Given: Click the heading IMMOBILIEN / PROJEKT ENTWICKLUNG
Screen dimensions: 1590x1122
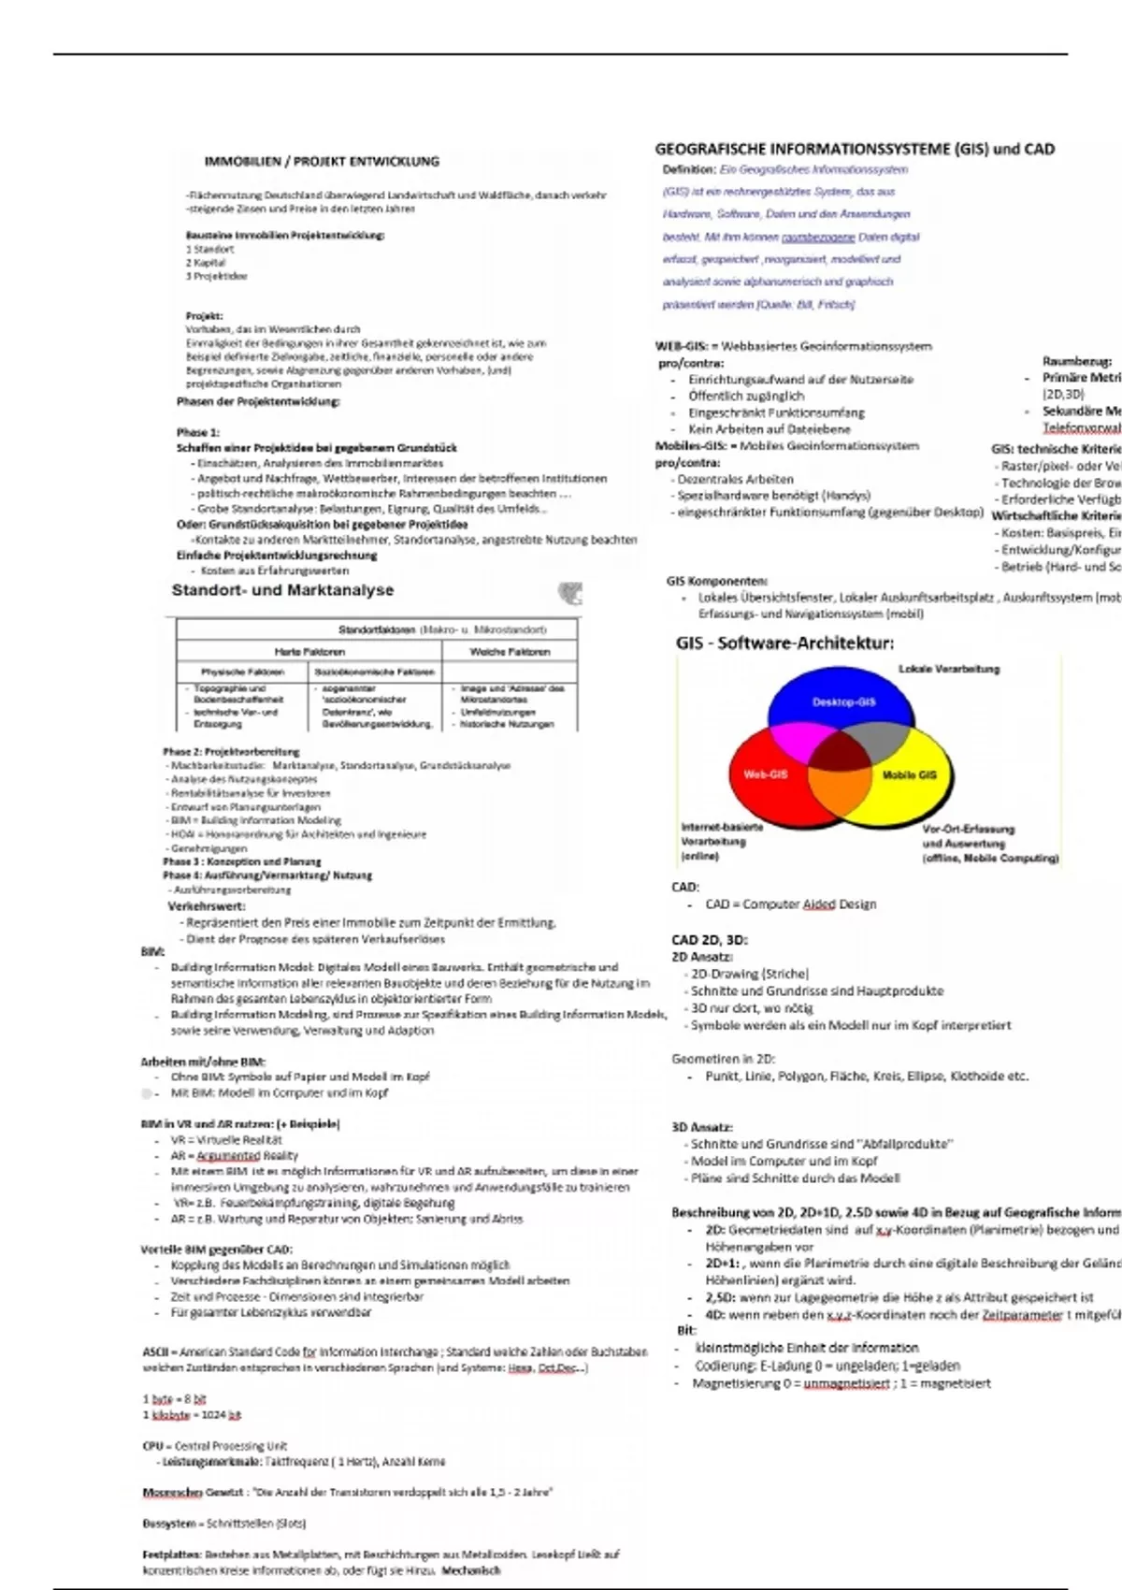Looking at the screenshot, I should [x=322, y=161].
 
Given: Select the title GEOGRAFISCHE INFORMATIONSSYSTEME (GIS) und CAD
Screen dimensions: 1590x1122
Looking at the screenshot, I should [x=855, y=149].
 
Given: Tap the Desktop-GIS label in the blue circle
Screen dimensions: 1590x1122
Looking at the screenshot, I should [x=843, y=701].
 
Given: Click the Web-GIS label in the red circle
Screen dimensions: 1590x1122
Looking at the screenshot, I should [x=765, y=774].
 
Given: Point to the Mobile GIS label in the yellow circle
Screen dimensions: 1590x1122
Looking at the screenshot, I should [x=909, y=775].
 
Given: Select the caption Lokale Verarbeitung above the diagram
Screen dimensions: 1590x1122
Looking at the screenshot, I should [x=948, y=669].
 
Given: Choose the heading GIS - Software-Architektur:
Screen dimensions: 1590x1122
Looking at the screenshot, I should [x=784, y=643].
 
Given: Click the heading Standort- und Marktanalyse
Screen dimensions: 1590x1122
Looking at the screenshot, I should [x=282, y=590].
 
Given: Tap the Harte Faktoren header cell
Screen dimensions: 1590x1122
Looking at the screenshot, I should [x=309, y=651].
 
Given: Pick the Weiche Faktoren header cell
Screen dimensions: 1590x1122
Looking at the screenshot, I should [x=510, y=651].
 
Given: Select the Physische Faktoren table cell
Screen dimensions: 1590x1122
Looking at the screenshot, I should [x=242, y=672].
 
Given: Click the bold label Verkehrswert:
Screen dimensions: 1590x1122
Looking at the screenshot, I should [x=207, y=905].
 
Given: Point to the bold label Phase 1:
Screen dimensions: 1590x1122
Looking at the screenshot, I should [x=197, y=432].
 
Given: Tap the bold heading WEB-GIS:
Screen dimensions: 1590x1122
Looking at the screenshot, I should [x=681, y=346].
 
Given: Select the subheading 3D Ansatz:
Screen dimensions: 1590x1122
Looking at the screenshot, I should [x=701, y=1127].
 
